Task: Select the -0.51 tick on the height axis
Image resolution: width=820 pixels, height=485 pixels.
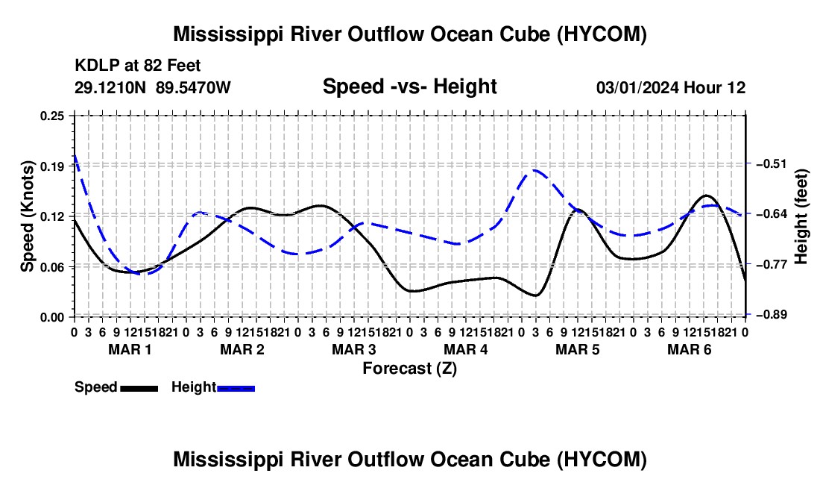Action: click(771, 163)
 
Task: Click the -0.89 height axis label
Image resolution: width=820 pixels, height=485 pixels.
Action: click(771, 314)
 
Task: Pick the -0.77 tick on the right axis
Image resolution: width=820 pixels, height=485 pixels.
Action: click(771, 264)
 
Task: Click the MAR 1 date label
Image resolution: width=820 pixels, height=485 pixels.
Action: click(130, 349)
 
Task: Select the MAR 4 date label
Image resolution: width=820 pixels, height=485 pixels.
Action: click(465, 349)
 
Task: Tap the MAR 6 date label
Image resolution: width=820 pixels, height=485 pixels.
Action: click(690, 349)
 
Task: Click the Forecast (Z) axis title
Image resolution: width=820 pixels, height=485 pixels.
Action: click(410, 369)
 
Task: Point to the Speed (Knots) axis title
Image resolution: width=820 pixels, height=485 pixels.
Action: click(27, 216)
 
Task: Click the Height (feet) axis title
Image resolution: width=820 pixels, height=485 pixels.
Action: click(801, 216)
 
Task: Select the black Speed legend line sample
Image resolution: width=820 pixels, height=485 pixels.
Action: click(139, 389)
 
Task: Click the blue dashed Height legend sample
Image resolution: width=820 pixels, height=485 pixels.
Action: click(236, 389)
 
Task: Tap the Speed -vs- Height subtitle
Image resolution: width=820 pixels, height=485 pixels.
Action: click(409, 87)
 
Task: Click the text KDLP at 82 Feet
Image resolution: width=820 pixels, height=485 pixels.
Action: click(138, 66)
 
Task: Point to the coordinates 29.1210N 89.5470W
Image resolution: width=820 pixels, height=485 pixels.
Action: click(152, 87)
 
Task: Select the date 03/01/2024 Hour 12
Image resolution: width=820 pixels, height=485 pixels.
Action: click(671, 87)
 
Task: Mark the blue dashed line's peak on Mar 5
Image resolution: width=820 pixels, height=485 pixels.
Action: click(534, 170)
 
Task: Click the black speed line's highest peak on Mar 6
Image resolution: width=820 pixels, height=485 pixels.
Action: click(706, 195)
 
